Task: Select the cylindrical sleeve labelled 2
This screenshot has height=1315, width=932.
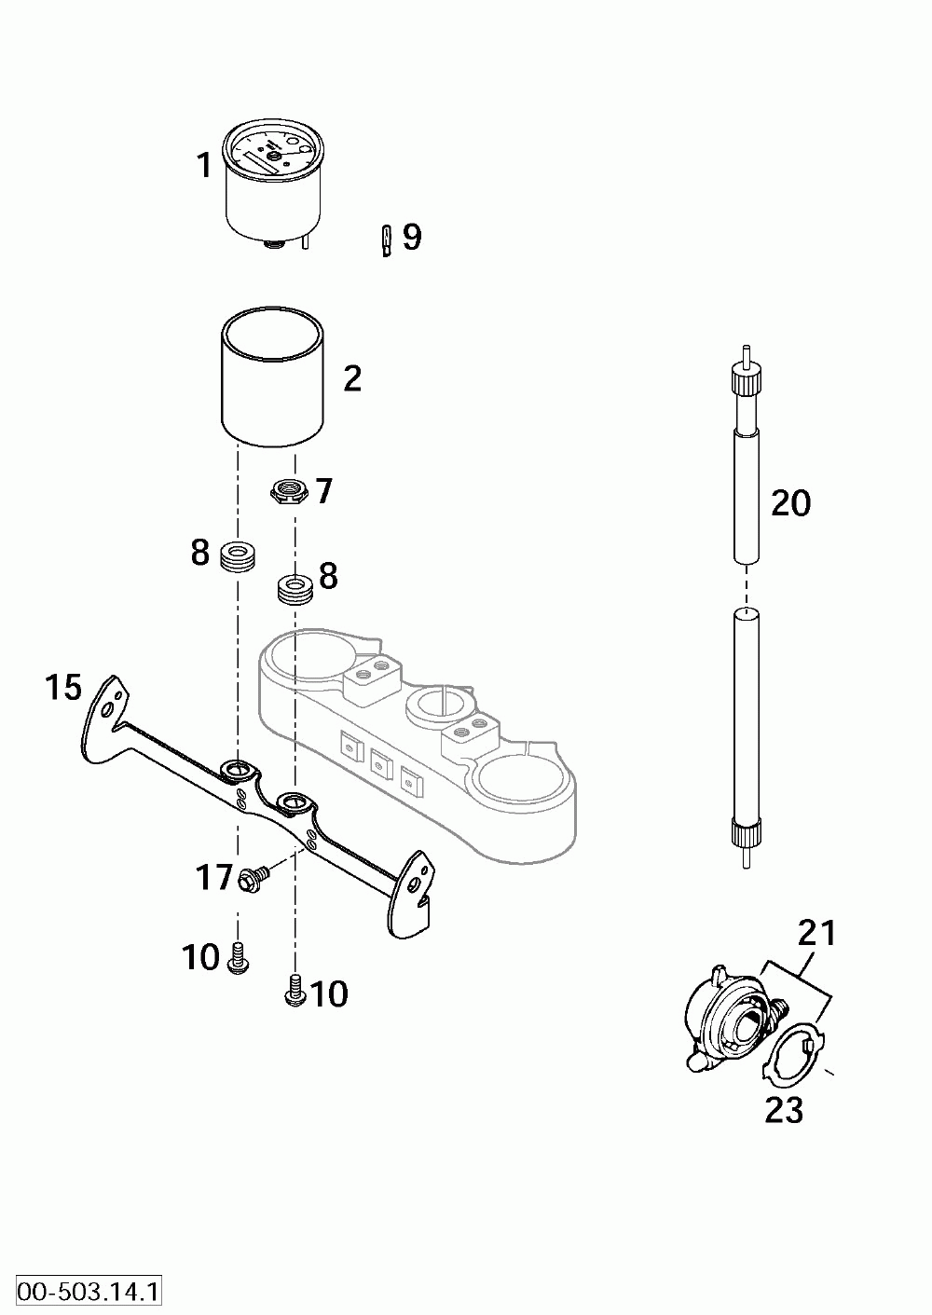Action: pyautogui.click(x=272, y=378)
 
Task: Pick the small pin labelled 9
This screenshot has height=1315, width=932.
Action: pyautogui.click(x=386, y=240)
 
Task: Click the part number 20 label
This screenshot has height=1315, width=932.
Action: pyautogui.click(x=790, y=504)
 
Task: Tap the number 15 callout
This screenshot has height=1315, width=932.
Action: pyautogui.click(x=64, y=689)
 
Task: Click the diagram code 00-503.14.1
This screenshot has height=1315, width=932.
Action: pyautogui.click(x=83, y=1293)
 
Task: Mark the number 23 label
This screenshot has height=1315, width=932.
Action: pyautogui.click(x=784, y=1110)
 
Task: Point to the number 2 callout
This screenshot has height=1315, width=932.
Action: pyautogui.click(x=351, y=379)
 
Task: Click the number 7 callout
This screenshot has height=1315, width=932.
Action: pyautogui.click(x=323, y=491)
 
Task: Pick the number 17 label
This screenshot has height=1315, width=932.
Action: pyautogui.click(x=213, y=877)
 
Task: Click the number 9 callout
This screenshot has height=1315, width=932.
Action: pyautogui.click(x=412, y=238)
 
